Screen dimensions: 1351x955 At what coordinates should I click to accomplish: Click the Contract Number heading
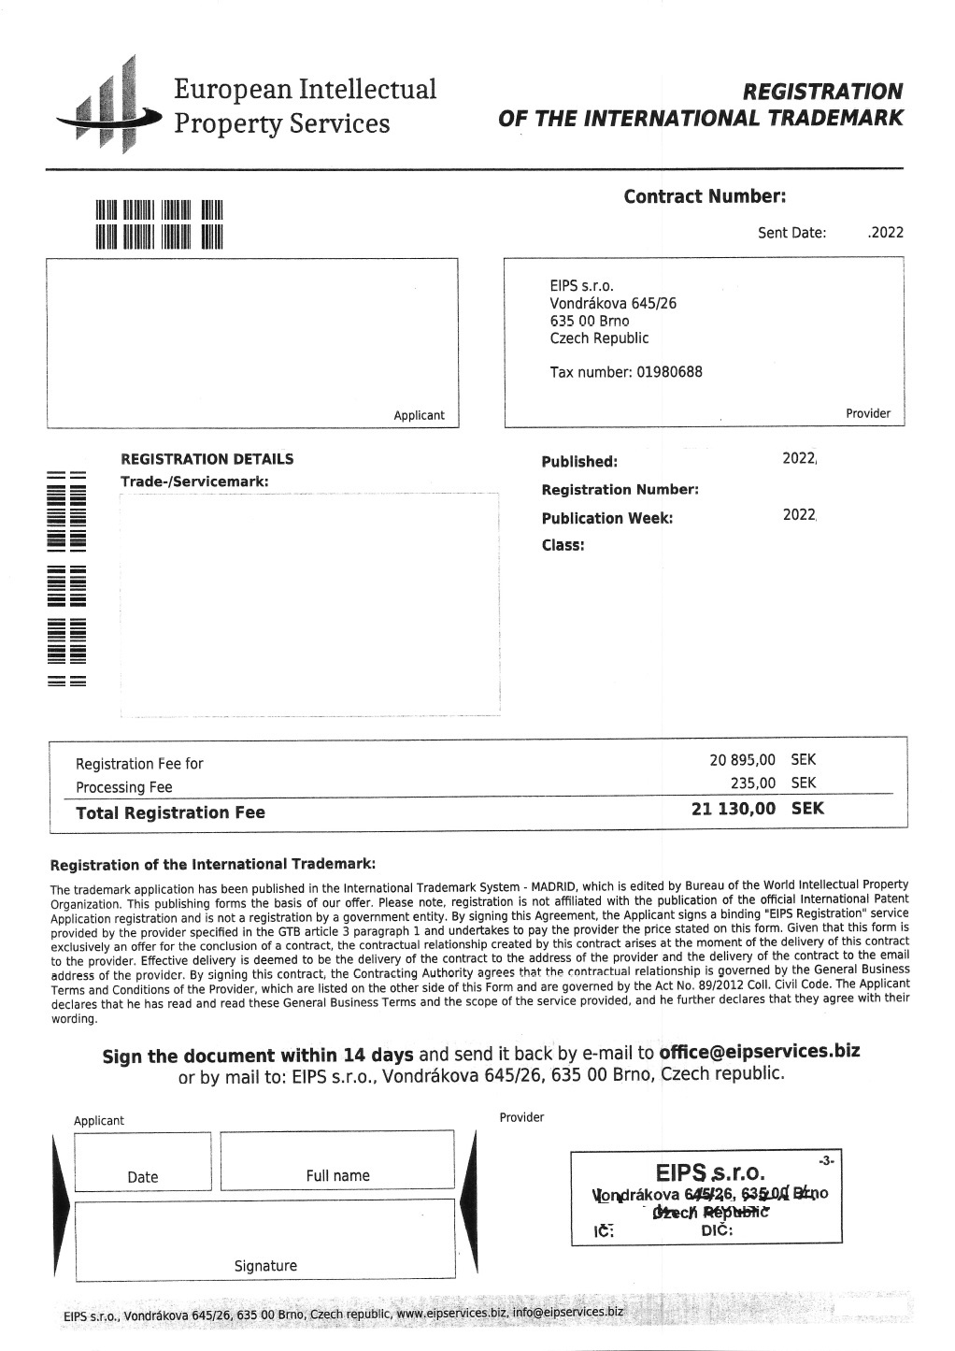[x=705, y=196]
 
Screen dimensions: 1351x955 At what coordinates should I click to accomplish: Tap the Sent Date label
[x=791, y=233]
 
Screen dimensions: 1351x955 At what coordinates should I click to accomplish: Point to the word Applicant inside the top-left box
[x=419, y=415]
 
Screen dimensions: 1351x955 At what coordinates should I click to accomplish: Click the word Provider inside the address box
[x=868, y=413]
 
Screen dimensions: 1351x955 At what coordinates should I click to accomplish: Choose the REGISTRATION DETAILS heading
[x=207, y=459]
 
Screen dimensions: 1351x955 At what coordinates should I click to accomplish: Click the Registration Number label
[x=620, y=490]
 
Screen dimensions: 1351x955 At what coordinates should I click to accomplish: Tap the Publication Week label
[x=606, y=518]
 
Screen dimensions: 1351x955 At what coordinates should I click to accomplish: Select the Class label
[x=563, y=545]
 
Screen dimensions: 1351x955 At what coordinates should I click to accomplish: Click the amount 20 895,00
[x=742, y=760]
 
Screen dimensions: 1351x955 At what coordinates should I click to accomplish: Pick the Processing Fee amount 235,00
[x=753, y=783]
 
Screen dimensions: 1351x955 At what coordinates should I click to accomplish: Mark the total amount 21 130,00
[x=734, y=809]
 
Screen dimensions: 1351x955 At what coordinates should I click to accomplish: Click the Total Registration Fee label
[x=170, y=812]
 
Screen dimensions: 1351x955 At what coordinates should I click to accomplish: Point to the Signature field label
[x=265, y=1266]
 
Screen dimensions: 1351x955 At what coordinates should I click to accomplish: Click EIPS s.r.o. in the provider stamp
[x=710, y=1172]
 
